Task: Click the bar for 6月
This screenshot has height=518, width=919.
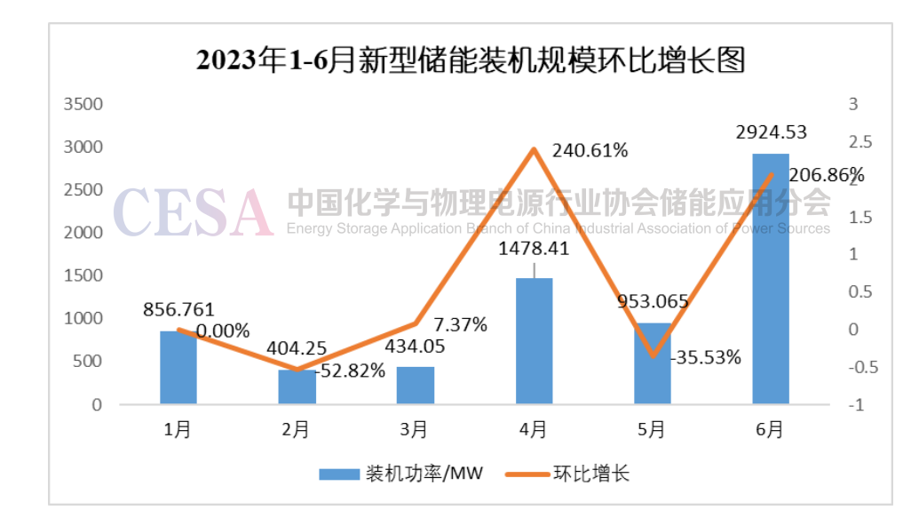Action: [x=770, y=279]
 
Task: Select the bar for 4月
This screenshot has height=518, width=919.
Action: [x=534, y=341]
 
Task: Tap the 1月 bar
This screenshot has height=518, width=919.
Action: [x=178, y=368]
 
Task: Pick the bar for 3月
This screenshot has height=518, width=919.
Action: [x=416, y=386]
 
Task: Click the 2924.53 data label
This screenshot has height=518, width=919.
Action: [x=771, y=132]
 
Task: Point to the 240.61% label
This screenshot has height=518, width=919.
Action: [x=590, y=150]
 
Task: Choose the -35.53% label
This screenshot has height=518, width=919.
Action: [x=707, y=358]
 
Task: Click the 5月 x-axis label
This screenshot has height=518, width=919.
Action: [x=652, y=430]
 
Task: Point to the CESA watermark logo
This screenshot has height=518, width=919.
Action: [x=192, y=211]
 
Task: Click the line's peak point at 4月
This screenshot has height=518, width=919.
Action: [x=534, y=148]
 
